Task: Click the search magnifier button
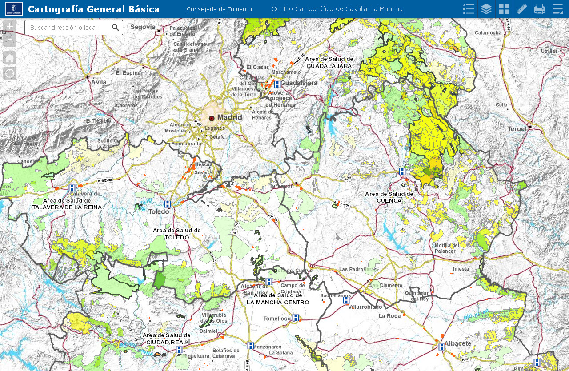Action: tap(116, 28)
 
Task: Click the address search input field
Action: tap(66, 28)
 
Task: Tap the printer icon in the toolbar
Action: tap(540, 9)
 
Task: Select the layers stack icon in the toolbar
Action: tap(486, 9)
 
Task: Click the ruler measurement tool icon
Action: tap(522, 9)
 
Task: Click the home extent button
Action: tap(10, 58)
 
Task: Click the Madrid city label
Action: tap(229, 117)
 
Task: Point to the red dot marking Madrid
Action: tap(212, 118)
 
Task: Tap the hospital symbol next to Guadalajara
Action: tap(277, 84)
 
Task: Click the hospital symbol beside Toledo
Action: tap(168, 204)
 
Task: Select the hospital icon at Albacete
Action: tap(441, 347)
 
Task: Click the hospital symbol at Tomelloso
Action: tap(296, 318)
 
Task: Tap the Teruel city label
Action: tap(517, 129)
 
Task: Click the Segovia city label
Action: tap(143, 27)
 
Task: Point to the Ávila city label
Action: tap(99, 82)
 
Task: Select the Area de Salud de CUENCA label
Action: tap(389, 197)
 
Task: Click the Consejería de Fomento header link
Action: tap(219, 9)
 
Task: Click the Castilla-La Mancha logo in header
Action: tap(14, 9)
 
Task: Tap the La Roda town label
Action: tap(389, 316)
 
